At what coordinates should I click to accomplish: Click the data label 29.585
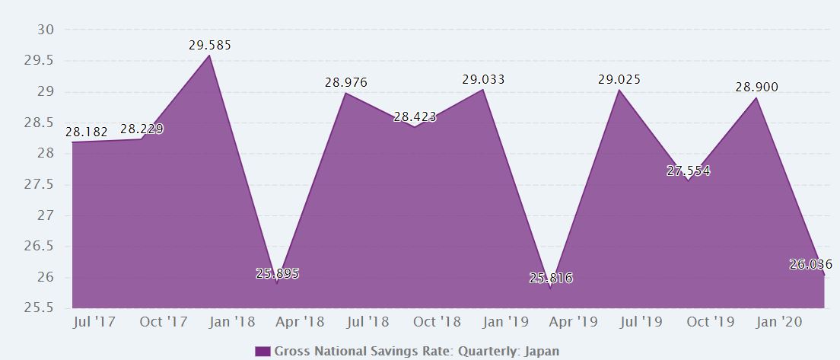(x=210, y=46)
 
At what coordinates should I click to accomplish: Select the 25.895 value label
(x=277, y=274)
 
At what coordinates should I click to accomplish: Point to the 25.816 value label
(x=551, y=279)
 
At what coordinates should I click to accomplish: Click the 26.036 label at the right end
(x=811, y=265)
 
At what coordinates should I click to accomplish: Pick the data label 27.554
(x=688, y=171)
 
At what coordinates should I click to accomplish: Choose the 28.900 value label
(x=756, y=88)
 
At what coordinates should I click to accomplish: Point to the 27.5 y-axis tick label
(x=42, y=185)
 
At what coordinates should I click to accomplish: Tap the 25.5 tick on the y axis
(x=42, y=308)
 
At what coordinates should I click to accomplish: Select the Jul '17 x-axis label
(x=94, y=322)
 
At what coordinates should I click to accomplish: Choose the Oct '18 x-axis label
(x=437, y=322)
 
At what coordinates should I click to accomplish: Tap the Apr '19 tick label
(x=573, y=322)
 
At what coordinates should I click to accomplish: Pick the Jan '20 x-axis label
(x=778, y=322)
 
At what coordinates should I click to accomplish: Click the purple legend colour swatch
(x=262, y=351)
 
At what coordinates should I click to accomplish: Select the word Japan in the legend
(x=542, y=351)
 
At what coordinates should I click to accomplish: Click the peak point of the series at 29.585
(x=210, y=55)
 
